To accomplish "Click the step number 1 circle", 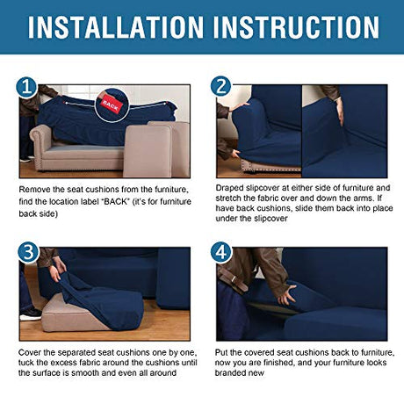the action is pyautogui.click(x=26, y=87).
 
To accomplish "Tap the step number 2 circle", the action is pyautogui.click(x=220, y=86).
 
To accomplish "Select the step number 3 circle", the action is pyautogui.click(x=28, y=252).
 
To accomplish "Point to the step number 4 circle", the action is pyautogui.click(x=221, y=252).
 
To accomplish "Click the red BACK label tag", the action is pyautogui.click(x=111, y=105).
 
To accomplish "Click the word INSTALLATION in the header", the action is pyautogui.click(x=115, y=27).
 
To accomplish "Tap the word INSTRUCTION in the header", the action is pyautogui.click(x=296, y=27).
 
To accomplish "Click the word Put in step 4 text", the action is pyautogui.click(x=221, y=352).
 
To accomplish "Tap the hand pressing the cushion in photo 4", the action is pyautogui.click(x=286, y=294).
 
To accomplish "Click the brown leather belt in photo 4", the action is pyautogui.click(x=233, y=280).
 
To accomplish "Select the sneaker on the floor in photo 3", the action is pyautogui.click(x=30, y=314).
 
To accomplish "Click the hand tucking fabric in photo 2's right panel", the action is pyautogui.click(x=340, y=111).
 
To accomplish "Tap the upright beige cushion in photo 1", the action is pyautogui.click(x=148, y=151).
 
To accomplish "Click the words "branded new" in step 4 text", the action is pyautogui.click(x=240, y=373).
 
